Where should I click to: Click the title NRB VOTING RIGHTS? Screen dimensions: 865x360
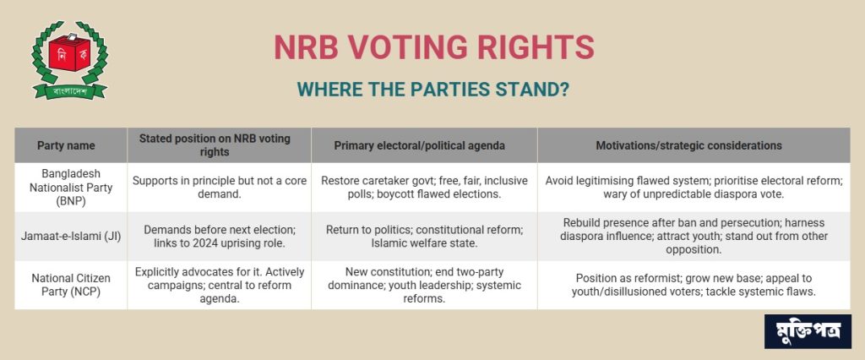coord(434,47)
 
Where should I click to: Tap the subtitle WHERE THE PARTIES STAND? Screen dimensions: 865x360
coord(432,90)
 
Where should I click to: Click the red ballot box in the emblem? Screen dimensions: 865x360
coord(69,52)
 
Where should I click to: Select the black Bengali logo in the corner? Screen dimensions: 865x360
coord(808,331)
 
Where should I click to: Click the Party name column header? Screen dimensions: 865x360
coord(66,145)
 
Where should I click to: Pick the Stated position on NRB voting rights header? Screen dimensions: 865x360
coord(215,145)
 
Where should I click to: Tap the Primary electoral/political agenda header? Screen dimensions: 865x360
coord(419,145)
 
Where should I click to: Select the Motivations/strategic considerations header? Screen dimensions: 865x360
coord(688,145)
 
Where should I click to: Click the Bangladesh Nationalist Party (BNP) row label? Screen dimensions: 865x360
coord(71,187)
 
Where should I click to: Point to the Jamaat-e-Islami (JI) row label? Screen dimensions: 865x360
coord(71,237)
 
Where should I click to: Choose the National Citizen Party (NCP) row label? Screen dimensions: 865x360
coord(71,285)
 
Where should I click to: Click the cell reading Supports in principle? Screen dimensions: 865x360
coord(220,187)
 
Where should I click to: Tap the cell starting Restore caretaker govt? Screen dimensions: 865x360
coord(424,187)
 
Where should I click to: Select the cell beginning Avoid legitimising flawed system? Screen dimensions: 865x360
coord(694,187)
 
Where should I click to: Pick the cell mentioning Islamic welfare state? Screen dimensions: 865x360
coord(424,237)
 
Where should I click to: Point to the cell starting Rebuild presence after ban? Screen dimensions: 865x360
coord(694,237)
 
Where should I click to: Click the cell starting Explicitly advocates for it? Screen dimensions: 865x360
coord(220,285)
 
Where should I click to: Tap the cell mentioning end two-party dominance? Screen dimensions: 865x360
coord(424,285)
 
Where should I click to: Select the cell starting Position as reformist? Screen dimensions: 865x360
coord(694,285)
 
